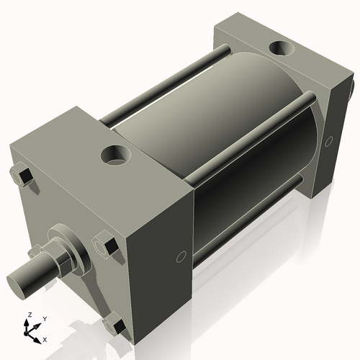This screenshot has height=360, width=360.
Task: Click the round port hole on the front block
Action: pos(114,153)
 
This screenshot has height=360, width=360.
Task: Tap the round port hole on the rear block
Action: pos(279,50)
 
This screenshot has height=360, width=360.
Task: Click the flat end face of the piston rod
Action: pos(17,280)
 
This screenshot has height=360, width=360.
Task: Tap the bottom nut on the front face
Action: pos(113,327)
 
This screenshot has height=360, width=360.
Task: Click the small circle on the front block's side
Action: pos(181,256)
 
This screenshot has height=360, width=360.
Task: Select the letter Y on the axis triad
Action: pos(44,318)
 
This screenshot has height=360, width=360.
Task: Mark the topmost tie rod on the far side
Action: pos(166,83)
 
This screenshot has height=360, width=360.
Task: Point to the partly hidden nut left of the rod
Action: pos(35,252)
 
